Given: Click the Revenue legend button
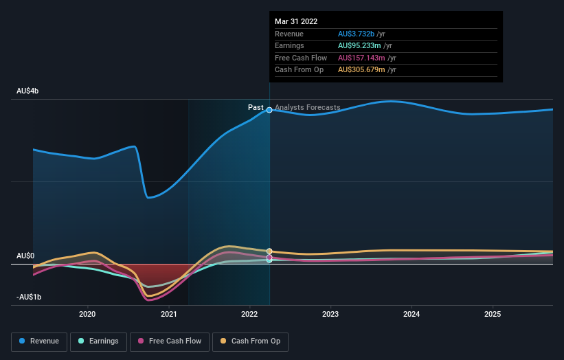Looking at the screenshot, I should [x=40, y=341].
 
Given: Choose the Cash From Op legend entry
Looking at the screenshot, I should [x=251, y=341].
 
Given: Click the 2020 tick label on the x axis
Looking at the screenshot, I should [x=87, y=315].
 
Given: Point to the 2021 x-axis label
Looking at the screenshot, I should [x=168, y=315].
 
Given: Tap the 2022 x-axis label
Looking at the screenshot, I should [x=249, y=315].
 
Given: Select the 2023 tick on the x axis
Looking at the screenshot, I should [x=330, y=315].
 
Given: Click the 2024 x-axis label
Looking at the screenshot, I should [x=411, y=315].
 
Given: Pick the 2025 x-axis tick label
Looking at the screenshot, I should [x=493, y=315].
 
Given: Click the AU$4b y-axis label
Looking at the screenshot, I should [x=28, y=91].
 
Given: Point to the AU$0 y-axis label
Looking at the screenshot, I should [x=25, y=256].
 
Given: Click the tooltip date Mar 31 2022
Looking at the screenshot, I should [x=296, y=21].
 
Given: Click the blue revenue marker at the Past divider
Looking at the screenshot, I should [x=269, y=110].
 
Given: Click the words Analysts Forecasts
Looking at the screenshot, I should [x=307, y=108].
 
